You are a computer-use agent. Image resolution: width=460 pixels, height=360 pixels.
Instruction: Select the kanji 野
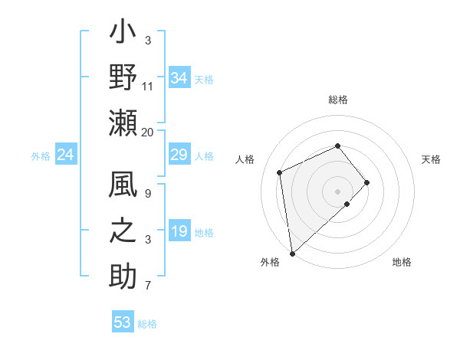click(123, 79)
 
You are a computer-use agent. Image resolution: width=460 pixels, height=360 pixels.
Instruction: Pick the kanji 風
click(123, 186)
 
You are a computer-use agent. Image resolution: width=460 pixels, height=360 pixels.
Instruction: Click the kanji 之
click(123, 232)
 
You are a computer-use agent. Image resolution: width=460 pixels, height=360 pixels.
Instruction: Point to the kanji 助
click(123, 278)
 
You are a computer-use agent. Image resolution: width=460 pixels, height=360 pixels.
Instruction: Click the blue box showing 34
click(179, 77)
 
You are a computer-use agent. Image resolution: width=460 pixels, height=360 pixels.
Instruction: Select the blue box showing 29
click(179, 155)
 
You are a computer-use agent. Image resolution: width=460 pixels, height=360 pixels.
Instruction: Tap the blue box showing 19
click(179, 231)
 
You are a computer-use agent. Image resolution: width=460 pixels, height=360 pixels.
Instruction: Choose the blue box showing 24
click(66, 155)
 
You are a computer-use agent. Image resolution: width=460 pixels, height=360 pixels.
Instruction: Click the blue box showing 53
click(123, 322)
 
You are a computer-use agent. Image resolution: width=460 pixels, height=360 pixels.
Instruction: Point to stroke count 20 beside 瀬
click(148, 132)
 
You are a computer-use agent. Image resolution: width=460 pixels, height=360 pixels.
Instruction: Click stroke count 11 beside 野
click(148, 87)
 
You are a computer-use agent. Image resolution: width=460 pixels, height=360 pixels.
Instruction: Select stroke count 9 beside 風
click(148, 194)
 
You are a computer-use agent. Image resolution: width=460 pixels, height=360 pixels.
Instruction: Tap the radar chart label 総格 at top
click(338, 100)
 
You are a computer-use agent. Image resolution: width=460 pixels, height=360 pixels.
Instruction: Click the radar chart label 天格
click(432, 159)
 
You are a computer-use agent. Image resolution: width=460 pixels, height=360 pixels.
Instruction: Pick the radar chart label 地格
click(402, 262)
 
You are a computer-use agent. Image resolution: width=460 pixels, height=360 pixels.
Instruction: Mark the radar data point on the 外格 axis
click(292, 253)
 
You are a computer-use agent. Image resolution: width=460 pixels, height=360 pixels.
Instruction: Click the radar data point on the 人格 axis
click(280, 172)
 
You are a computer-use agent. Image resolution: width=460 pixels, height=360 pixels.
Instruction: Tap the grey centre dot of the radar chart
click(338, 190)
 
